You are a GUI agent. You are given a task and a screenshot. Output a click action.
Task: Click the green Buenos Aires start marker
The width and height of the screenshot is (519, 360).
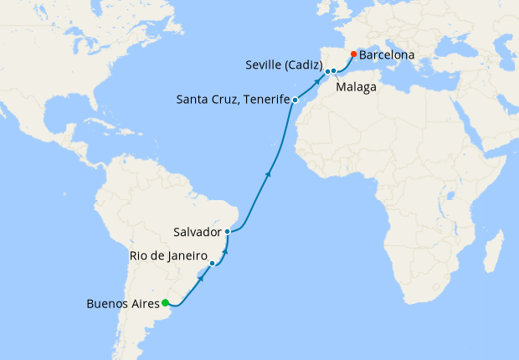click(x=166, y=303)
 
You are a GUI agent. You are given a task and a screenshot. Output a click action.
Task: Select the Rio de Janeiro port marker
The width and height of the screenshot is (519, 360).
click(x=213, y=264)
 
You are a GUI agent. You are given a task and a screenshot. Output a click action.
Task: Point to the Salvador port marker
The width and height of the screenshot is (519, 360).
click(x=228, y=231)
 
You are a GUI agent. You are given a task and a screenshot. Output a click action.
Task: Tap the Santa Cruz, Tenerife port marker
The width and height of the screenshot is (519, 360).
click(x=295, y=100)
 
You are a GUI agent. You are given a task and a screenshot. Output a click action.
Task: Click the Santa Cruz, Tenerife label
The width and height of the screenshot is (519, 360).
click(x=232, y=100)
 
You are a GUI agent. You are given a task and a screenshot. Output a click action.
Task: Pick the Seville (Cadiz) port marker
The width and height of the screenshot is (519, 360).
click(x=327, y=71)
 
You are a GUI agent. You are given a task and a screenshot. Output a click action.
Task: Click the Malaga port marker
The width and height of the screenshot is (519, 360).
click(x=334, y=71)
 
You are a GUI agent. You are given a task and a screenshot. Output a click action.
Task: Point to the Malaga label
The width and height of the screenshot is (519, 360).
click(x=356, y=86)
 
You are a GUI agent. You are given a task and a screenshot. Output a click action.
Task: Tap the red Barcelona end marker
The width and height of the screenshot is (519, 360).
click(x=353, y=54)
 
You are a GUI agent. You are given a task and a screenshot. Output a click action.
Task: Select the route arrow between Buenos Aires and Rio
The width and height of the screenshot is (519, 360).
click(x=201, y=278)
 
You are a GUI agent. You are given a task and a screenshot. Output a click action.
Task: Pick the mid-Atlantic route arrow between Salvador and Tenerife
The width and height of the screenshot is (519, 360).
click(x=268, y=174)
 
